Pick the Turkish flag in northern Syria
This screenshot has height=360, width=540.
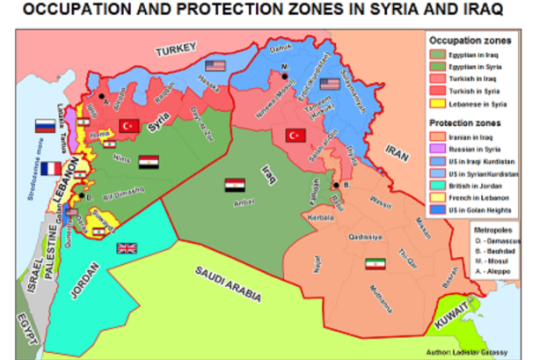[129, 125]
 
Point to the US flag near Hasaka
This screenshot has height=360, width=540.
[215, 66]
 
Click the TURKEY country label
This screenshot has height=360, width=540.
[179, 52]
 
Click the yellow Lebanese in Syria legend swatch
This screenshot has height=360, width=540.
[434, 104]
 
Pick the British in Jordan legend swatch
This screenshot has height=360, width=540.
[434, 187]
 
